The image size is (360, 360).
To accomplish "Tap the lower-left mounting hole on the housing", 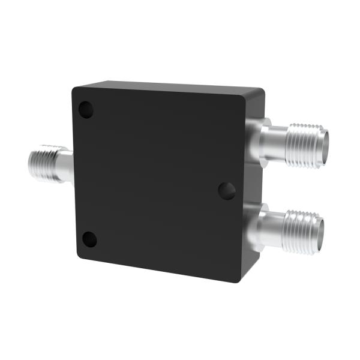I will (x=89, y=239).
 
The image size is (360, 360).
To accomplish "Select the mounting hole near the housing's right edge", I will (x=226, y=191).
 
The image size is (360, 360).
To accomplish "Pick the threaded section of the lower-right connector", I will (x=301, y=229).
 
